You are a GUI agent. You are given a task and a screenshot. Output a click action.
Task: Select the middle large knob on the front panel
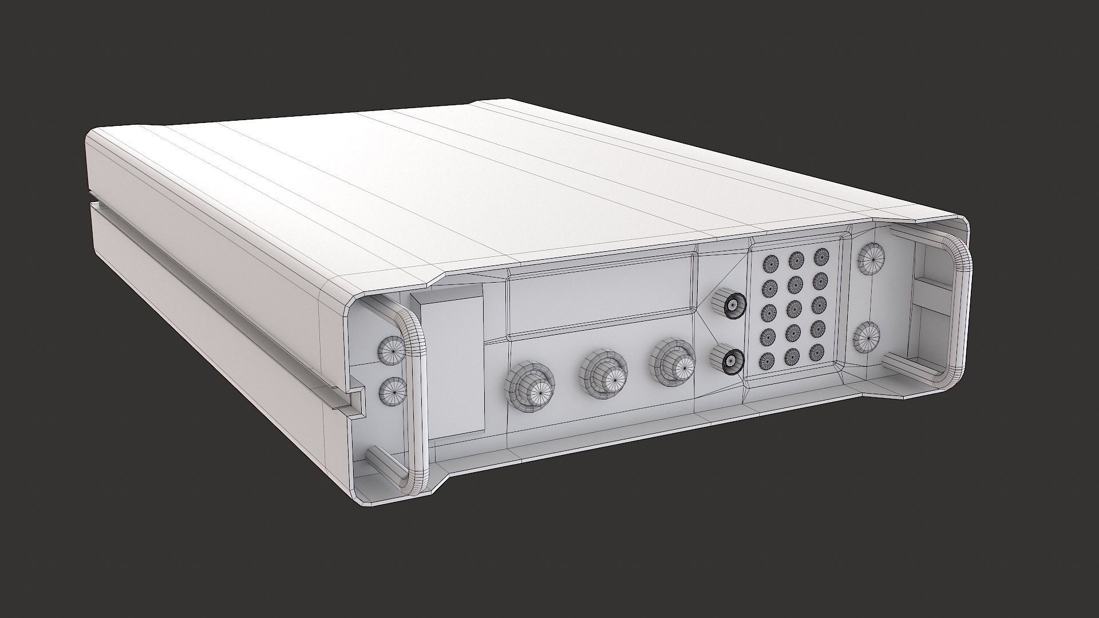604,373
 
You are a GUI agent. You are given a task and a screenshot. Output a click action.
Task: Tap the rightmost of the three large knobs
673,361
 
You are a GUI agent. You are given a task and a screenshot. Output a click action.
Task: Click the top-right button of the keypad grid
822,255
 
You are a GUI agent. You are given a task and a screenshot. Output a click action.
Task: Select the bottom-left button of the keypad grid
768,360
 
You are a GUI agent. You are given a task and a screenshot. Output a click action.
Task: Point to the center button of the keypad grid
794,308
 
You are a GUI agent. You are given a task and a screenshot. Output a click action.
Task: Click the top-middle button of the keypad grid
796,260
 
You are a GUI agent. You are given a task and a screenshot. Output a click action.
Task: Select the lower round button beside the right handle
867,338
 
